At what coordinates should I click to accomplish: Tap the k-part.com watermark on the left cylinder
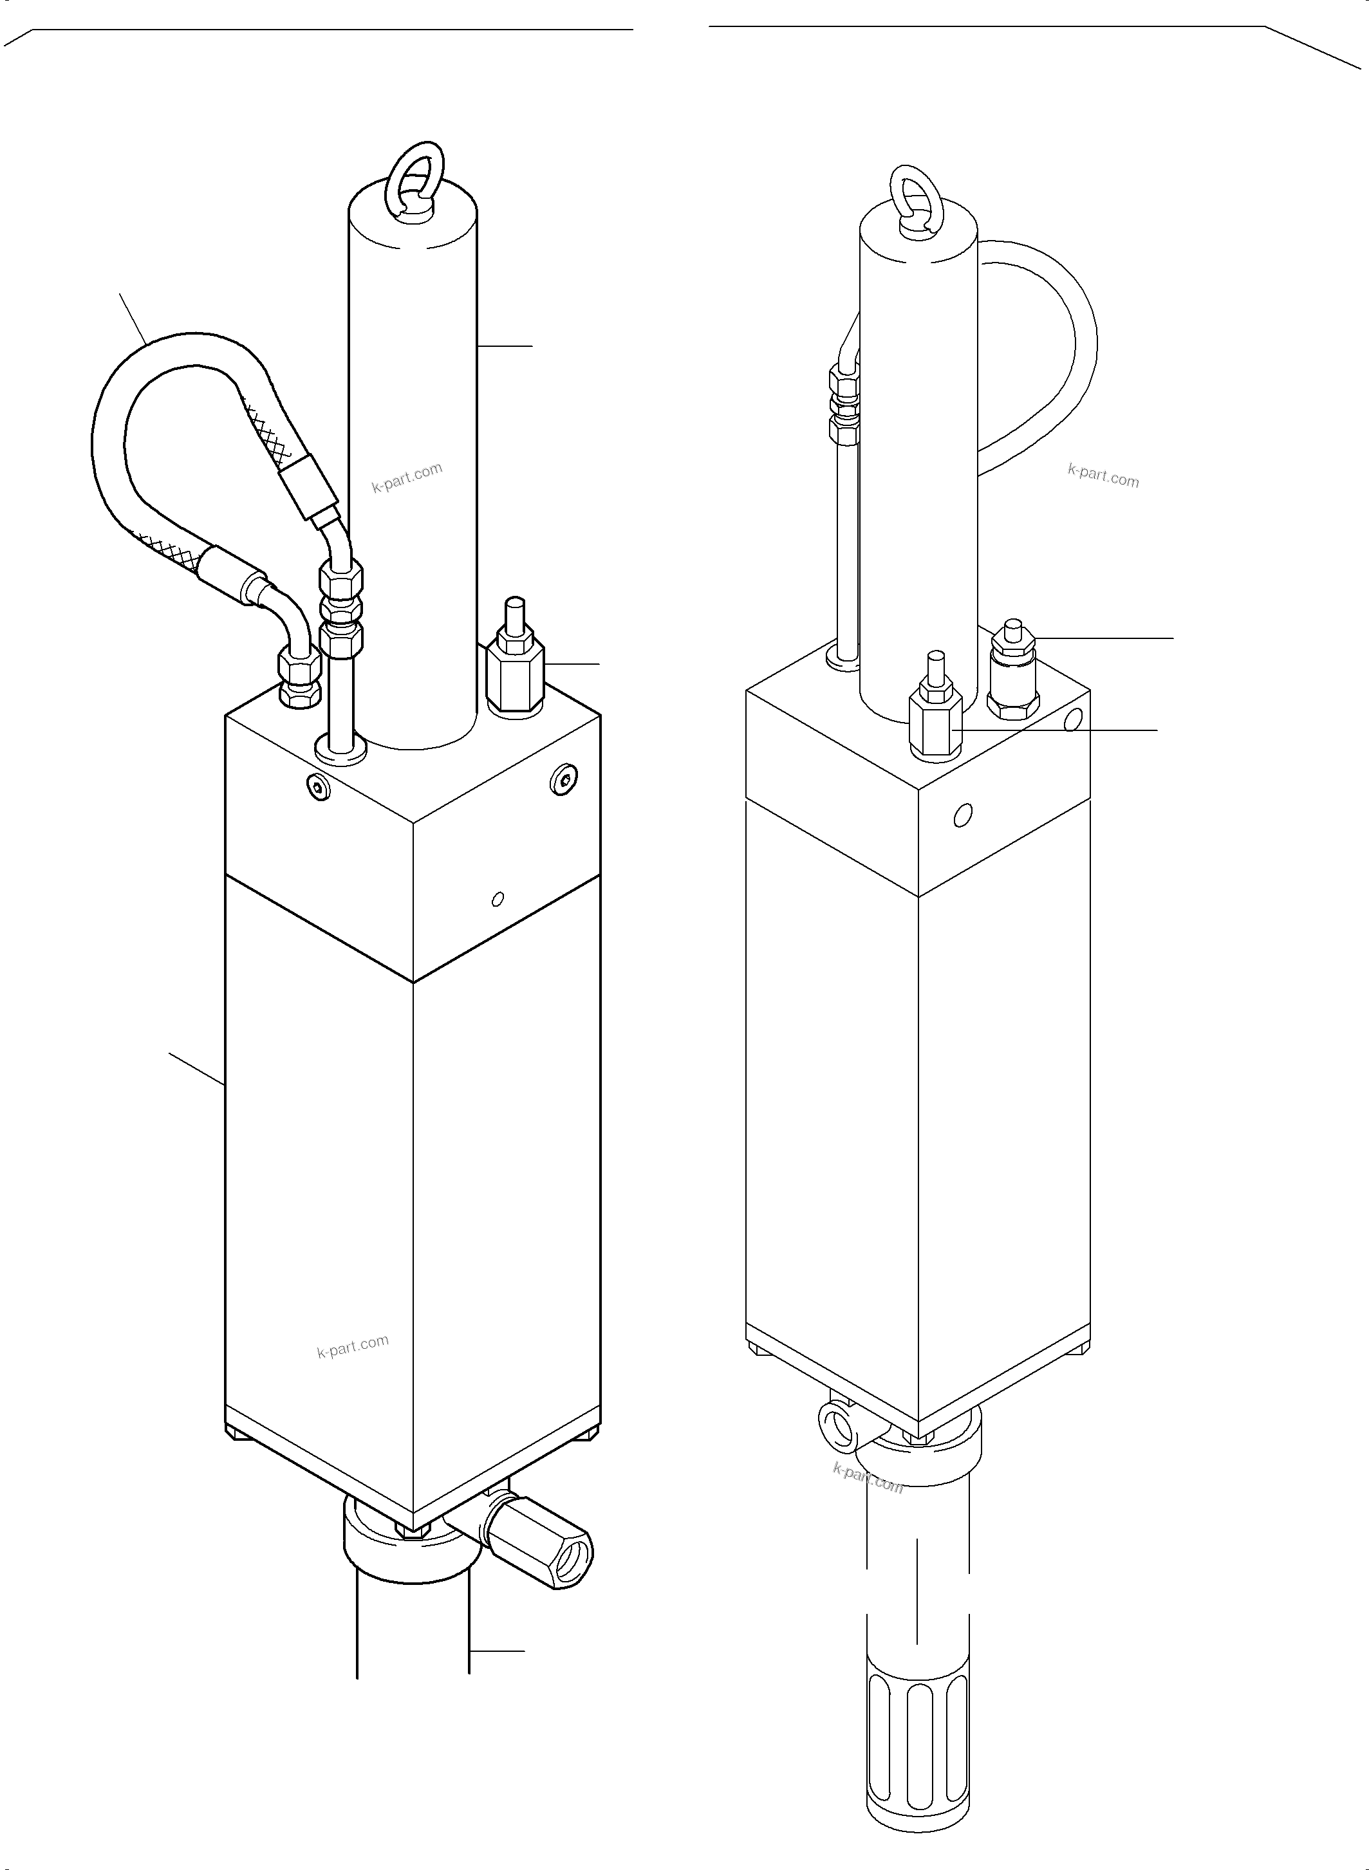[x=407, y=478]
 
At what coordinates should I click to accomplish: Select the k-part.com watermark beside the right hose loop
[x=1103, y=476]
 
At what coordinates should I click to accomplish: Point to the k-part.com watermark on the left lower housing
[x=352, y=1346]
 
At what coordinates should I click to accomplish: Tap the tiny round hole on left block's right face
[x=498, y=899]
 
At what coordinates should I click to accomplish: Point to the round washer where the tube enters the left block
[x=340, y=749]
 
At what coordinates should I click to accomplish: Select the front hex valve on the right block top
[x=936, y=721]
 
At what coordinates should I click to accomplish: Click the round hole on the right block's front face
[x=962, y=815]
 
